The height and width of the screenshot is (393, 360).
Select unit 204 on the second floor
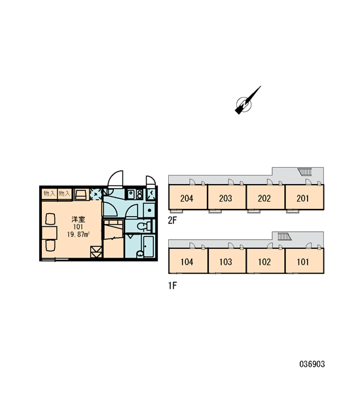pyautogui.click(x=187, y=198)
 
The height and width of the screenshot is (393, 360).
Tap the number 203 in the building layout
pyautogui.click(x=225, y=198)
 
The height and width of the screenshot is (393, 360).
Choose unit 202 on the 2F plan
pyautogui.click(x=264, y=198)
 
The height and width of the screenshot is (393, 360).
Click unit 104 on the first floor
pyautogui.click(x=187, y=262)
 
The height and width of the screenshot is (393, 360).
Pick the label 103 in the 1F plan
pyautogui.click(x=226, y=262)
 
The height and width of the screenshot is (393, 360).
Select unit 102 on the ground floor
pyautogui.click(x=264, y=262)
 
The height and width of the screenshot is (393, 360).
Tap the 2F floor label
pyautogui.click(x=172, y=220)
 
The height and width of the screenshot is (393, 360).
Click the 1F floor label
pyautogui.click(x=172, y=286)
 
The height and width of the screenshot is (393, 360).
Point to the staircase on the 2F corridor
pyautogui.click(x=305, y=172)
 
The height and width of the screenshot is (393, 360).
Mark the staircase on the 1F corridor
pyautogui.click(x=284, y=236)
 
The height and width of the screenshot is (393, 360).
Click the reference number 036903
pyautogui.click(x=312, y=364)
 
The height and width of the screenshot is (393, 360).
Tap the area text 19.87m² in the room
pyautogui.click(x=79, y=234)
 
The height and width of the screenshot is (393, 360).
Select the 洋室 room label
pyautogui.click(x=79, y=219)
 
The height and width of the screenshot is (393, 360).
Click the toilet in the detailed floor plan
pyautogui.click(x=144, y=227)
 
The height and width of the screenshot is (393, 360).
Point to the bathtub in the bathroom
pyautogui.click(x=149, y=246)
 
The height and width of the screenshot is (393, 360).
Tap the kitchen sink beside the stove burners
pyautogui.click(x=131, y=194)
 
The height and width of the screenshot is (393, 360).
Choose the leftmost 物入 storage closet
pyautogui.click(x=49, y=194)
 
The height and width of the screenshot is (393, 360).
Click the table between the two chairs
pyautogui.click(x=49, y=233)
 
